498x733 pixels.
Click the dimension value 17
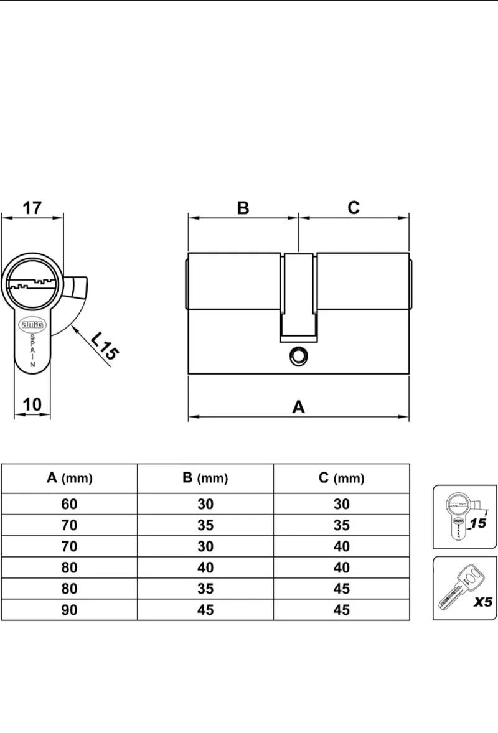pyautogui.click(x=32, y=208)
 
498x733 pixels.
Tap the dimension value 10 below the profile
pyautogui.click(x=32, y=404)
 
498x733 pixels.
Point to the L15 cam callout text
pyautogui.click(x=105, y=346)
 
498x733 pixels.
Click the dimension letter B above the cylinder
pyautogui.click(x=243, y=208)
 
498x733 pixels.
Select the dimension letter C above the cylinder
pyautogui.click(x=354, y=208)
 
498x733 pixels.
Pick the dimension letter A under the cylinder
pyautogui.click(x=298, y=407)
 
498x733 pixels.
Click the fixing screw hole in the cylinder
pyautogui.click(x=298, y=357)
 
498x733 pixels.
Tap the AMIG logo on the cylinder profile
pyautogui.click(x=32, y=324)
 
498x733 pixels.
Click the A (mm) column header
pyautogui.click(x=70, y=478)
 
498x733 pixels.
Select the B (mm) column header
pyautogui.click(x=205, y=478)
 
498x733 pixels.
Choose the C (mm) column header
pyautogui.click(x=341, y=478)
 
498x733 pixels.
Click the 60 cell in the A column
pyautogui.click(x=69, y=504)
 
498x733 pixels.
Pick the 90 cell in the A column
pyautogui.click(x=69, y=610)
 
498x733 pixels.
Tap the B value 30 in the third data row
pyautogui.click(x=205, y=546)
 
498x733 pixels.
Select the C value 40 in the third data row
pyautogui.click(x=341, y=546)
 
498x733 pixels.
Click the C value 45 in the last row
pyautogui.click(x=341, y=610)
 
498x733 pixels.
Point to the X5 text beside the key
pyautogui.click(x=482, y=602)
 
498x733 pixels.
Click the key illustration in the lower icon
pyautogui.click(x=461, y=587)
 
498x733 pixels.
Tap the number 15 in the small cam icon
pyautogui.click(x=478, y=523)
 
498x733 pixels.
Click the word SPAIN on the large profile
pyautogui.click(x=32, y=350)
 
